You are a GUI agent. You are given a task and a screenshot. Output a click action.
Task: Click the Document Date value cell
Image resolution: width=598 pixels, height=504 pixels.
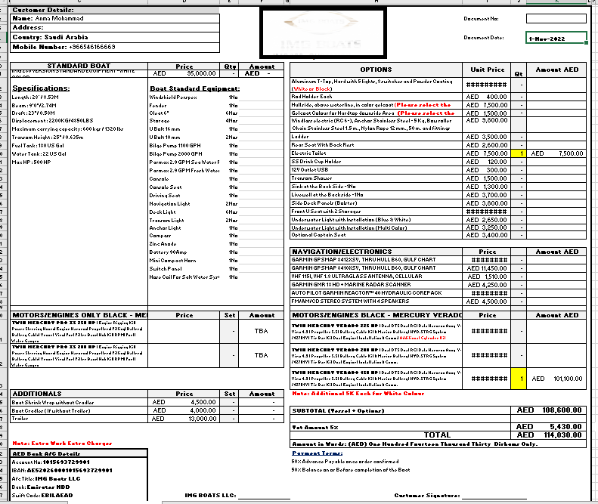coord(556,37)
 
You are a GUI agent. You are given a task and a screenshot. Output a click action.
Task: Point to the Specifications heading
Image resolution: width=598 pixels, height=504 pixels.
coord(41,88)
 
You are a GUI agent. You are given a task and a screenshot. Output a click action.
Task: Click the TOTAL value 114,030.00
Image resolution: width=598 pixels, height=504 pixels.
coord(560,435)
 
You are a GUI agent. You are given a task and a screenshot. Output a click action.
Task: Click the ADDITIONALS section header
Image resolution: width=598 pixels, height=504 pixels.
coord(42,394)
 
